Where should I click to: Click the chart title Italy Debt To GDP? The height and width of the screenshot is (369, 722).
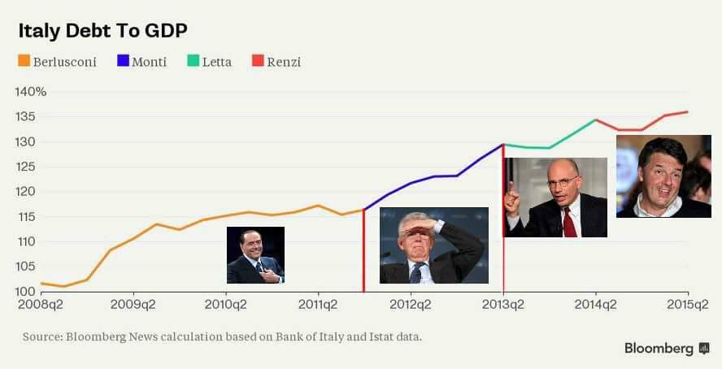(102, 31)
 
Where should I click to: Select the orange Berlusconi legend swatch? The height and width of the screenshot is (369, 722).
(24, 61)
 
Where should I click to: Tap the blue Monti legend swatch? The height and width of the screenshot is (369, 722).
(124, 61)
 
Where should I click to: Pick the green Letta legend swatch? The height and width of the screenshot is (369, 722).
(193, 61)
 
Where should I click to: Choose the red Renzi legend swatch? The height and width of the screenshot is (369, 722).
(258, 61)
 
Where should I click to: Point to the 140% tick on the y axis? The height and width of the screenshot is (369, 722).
(31, 91)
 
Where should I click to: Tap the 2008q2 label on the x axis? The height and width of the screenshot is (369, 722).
(41, 305)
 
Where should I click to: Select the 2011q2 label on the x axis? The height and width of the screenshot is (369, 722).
(318, 305)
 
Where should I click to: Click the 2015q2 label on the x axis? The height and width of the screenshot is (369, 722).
(688, 305)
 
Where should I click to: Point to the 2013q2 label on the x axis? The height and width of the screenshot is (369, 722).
(503, 305)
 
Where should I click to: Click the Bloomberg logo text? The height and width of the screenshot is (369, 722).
(659, 348)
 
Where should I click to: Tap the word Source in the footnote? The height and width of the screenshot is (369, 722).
(42, 336)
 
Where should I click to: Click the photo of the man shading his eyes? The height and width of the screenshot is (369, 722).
(434, 245)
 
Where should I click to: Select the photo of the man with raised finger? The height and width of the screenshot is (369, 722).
(555, 198)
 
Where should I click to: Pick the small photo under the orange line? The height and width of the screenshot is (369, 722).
(255, 254)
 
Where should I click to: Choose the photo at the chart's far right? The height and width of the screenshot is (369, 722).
(663, 176)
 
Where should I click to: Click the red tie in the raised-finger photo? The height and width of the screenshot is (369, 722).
(569, 221)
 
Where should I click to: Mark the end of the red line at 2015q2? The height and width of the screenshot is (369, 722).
(688, 111)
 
